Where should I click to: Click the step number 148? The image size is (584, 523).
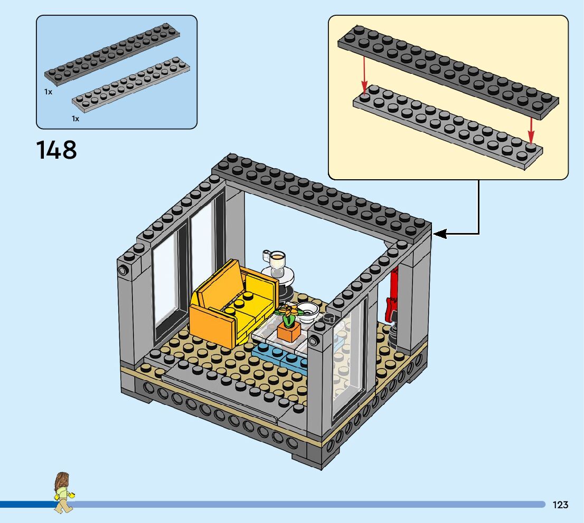tap(56, 150)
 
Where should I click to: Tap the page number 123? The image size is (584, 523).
tap(560, 505)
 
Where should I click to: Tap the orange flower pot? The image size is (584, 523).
tap(288, 331)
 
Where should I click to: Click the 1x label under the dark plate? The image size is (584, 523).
tap(48, 92)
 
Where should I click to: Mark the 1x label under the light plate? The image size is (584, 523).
tap(76, 119)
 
